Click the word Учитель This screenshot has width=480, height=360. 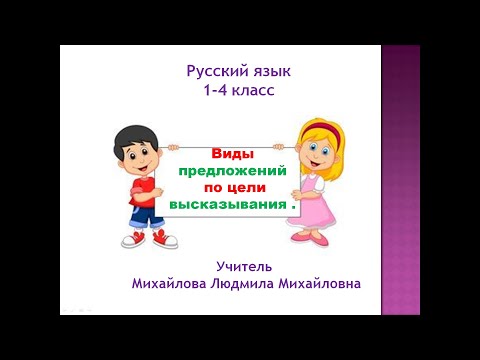click(246, 266)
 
